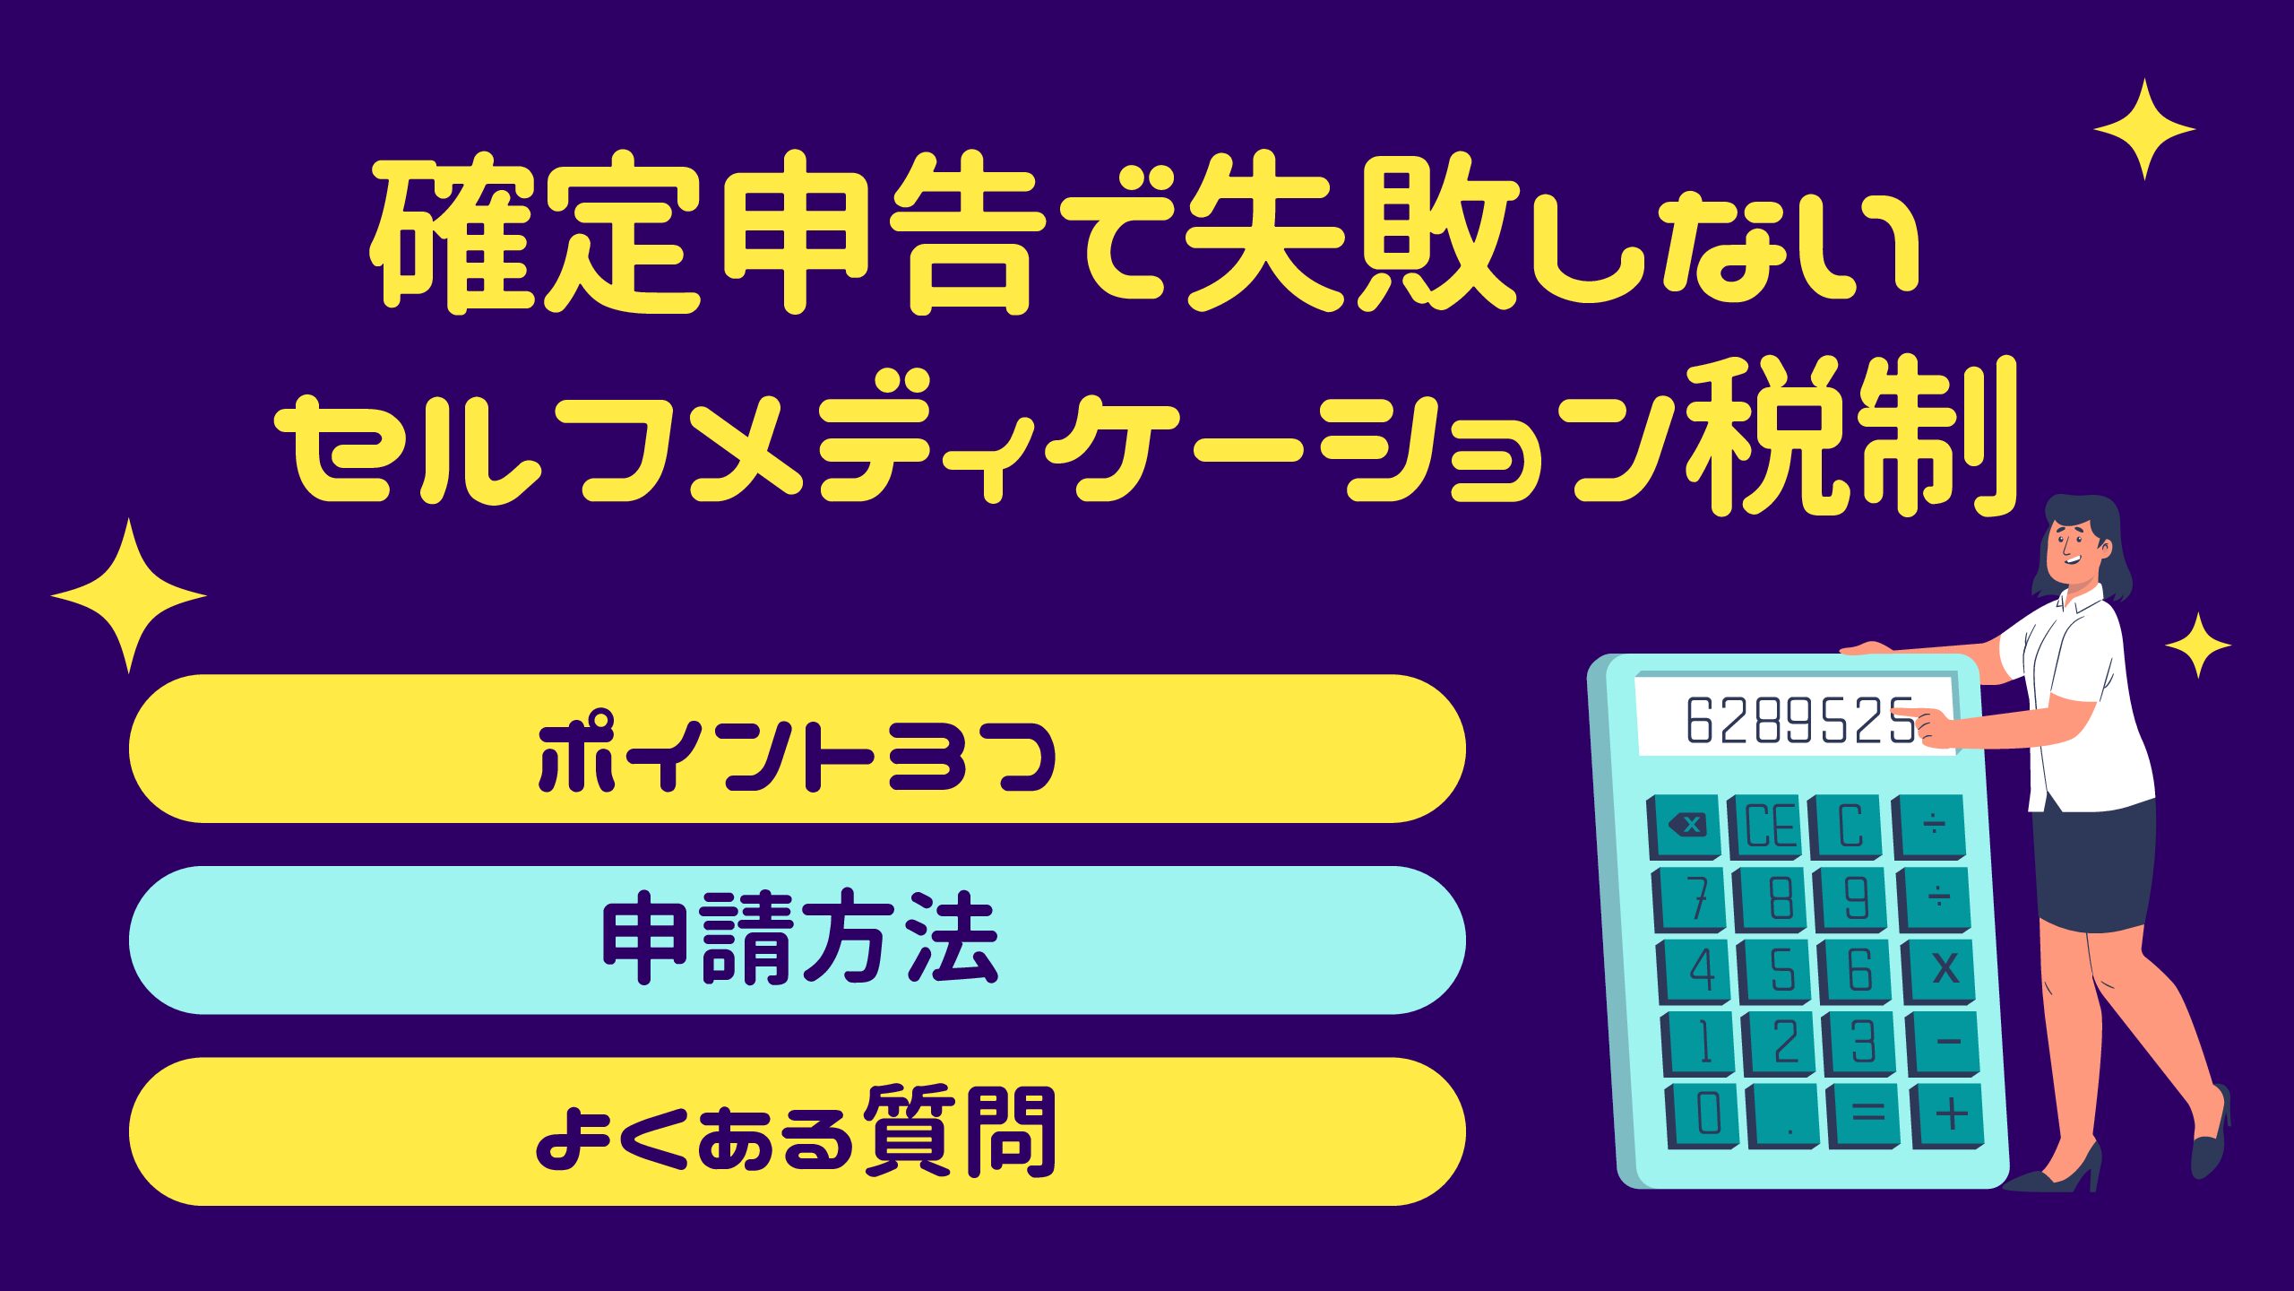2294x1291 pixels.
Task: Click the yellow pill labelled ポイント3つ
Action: point(797,749)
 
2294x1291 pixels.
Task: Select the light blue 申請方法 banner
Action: point(797,940)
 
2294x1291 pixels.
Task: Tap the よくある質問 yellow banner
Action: point(797,1131)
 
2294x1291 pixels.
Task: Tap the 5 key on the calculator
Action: point(1777,971)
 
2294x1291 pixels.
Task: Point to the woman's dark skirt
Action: point(2095,865)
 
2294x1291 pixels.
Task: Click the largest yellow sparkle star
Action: point(129,595)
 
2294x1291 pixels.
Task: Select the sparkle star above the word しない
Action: point(2144,129)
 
